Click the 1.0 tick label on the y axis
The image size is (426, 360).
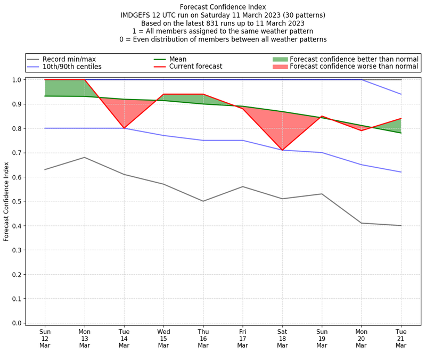tap(17, 80)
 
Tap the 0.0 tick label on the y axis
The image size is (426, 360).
tap(17, 323)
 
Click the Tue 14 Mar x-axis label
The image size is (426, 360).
tap(124, 338)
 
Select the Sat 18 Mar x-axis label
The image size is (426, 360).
tap(282, 338)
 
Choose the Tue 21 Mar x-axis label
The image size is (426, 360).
tap(401, 338)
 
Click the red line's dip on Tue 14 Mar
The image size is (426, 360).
tap(124, 128)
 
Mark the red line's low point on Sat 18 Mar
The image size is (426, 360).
tap(282, 150)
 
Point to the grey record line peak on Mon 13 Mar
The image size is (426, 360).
tap(85, 157)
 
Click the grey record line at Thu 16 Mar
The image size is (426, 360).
tap(203, 201)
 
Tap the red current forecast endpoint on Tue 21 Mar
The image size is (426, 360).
tap(401, 119)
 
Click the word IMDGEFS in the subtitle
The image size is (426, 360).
tap(137, 15)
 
